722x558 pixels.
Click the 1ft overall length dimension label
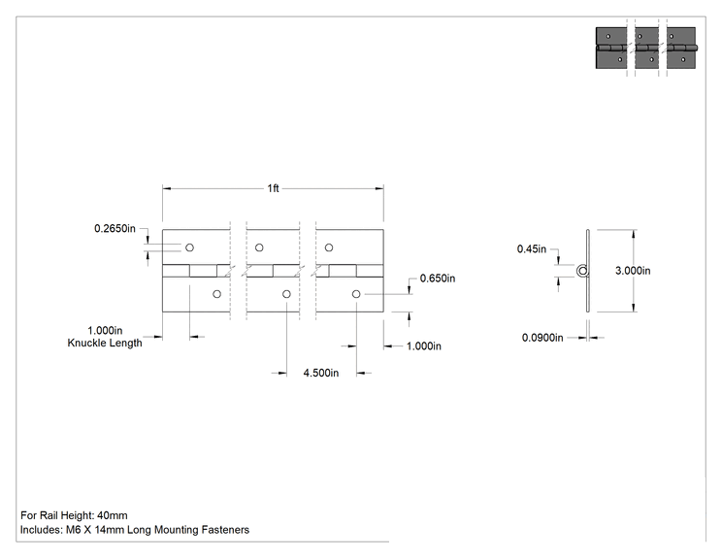[x=273, y=188]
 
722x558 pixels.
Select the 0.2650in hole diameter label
[x=115, y=228]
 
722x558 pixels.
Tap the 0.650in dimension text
[x=438, y=279]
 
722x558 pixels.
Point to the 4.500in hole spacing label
[x=321, y=373]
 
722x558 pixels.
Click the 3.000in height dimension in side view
[x=633, y=271]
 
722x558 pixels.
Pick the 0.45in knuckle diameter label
[x=532, y=249]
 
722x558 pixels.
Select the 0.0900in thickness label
[x=542, y=338]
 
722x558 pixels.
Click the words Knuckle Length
[x=105, y=343]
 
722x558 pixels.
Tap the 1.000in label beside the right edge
[x=424, y=346]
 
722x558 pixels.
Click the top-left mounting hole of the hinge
[x=189, y=247]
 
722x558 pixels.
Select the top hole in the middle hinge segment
[x=259, y=247]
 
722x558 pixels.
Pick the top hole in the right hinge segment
[x=329, y=247]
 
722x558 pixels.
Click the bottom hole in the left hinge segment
[x=216, y=294]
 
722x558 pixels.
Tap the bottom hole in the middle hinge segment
[x=286, y=294]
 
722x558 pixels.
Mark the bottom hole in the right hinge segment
[x=356, y=294]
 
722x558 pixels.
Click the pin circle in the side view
[x=582, y=271]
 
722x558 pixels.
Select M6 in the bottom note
[x=73, y=530]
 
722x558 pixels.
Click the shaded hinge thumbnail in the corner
[x=646, y=48]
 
